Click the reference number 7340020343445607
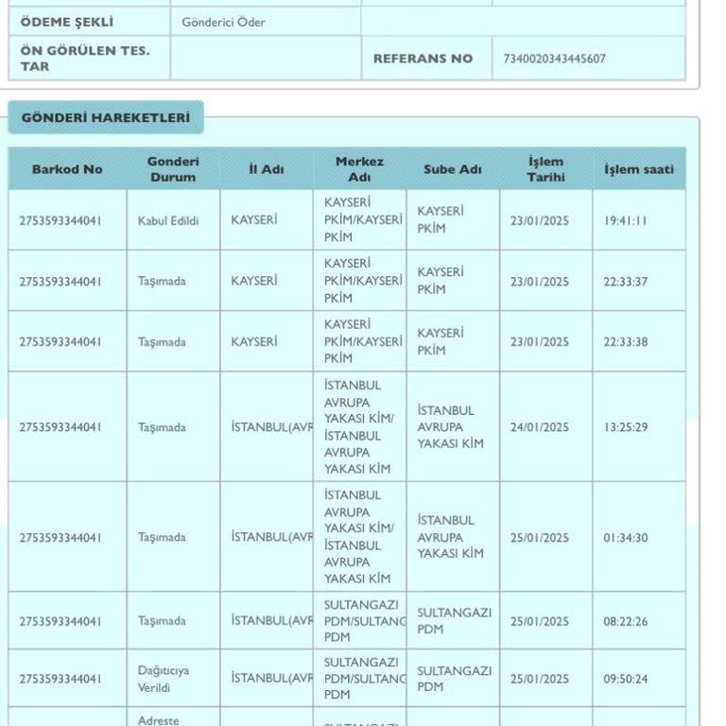[x=555, y=59]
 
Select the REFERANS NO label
[x=423, y=59]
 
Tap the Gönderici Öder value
[x=224, y=22]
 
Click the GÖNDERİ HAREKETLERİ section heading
[x=106, y=118]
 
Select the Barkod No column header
[x=67, y=169]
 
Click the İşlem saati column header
[x=639, y=169]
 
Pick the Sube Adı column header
[x=452, y=169]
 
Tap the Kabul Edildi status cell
[x=168, y=221]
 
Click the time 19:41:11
[x=626, y=221]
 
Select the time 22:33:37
[x=626, y=282]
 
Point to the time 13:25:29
[x=626, y=427]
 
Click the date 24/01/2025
[x=540, y=427]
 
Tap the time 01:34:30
[x=626, y=538]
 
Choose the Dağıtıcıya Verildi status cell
[x=164, y=679]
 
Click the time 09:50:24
[x=626, y=679]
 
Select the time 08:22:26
[x=626, y=621]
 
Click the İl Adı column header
[x=266, y=169]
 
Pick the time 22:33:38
[x=626, y=342]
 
